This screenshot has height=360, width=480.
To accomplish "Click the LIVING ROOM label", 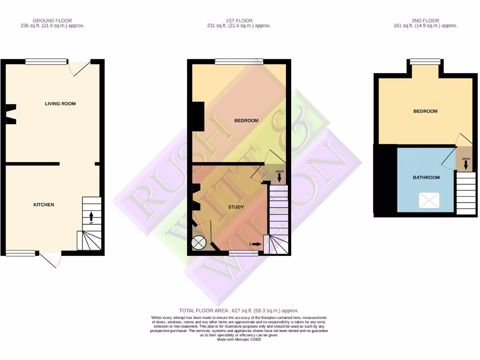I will click(x=60, y=104).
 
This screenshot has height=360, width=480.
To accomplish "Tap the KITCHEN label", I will click(x=44, y=205).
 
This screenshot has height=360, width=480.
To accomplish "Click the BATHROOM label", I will click(x=426, y=178).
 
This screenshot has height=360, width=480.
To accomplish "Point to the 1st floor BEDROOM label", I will click(x=246, y=121).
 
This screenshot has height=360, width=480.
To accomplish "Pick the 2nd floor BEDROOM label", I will click(x=425, y=111).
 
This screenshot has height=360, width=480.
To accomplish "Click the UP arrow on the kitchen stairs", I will click(x=91, y=217).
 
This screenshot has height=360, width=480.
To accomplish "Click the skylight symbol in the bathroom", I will click(x=429, y=201).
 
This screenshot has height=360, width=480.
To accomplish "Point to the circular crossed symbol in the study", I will click(x=199, y=243).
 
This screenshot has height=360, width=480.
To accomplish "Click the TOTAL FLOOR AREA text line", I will click(x=239, y=311).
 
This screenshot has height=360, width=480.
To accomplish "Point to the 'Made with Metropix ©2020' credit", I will click(x=239, y=340).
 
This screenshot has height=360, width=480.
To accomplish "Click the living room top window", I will click(x=46, y=61).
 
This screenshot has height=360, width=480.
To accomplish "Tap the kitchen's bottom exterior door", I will click(x=51, y=259).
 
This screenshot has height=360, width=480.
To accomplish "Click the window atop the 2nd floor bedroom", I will click(x=425, y=61).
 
